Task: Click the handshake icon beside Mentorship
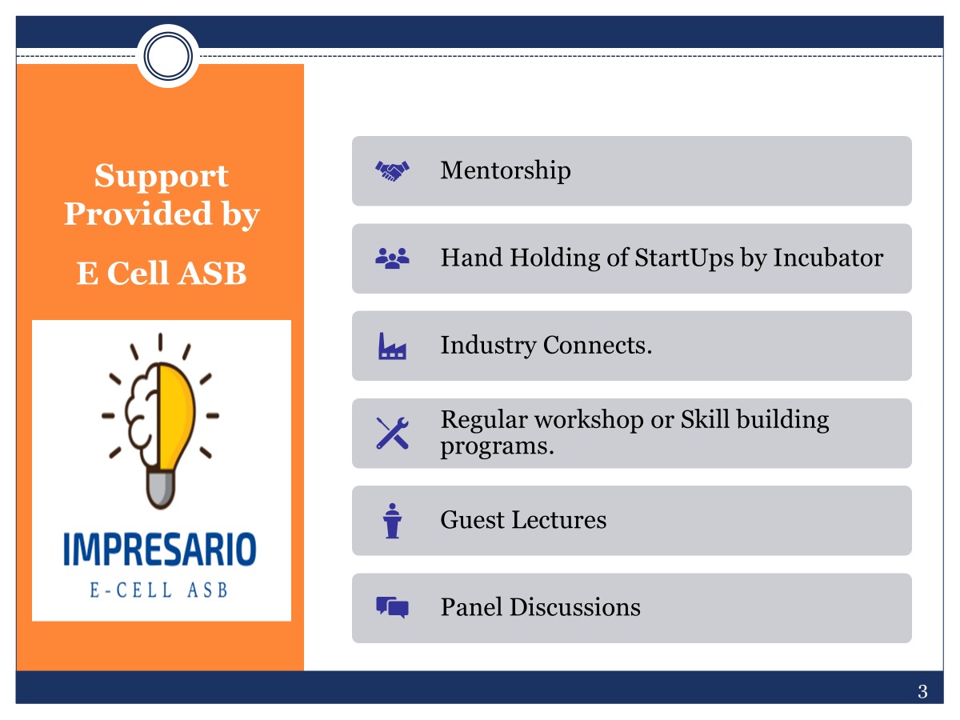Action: [392, 171]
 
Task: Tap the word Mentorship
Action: [505, 171]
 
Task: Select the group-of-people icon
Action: [392, 258]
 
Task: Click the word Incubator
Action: [828, 258]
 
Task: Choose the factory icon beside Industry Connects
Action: [392, 346]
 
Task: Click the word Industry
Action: [488, 346]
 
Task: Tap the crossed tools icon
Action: [392, 434]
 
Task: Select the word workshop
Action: [589, 421]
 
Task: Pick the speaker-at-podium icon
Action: [392, 521]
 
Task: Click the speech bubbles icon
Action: [392, 608]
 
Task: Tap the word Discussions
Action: [574, 608]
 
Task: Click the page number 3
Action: [922, 692]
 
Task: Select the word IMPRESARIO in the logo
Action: [160, 550]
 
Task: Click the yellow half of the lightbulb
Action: [176, 415]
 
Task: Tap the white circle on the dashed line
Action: [168, 56]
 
